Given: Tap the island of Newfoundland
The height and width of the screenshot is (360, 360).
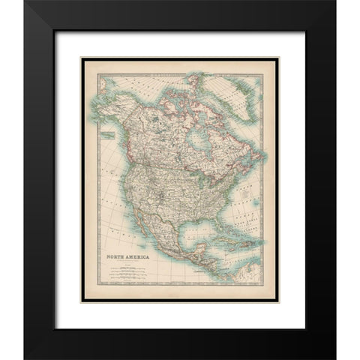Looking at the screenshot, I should click(254, 160).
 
